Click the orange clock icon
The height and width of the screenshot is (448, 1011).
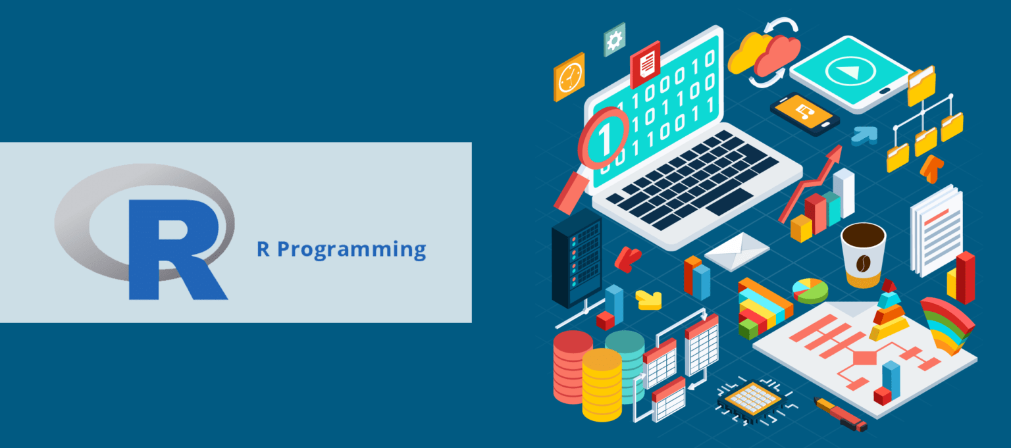pyautogui.click(x=569, y=77)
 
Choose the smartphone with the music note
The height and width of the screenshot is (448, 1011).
pyautogui.click(x=804, y=114)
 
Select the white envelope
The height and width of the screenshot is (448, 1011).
pyautogui.click(x=737, y=251)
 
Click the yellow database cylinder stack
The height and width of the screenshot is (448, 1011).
pyautogui.click(x=602, y=384)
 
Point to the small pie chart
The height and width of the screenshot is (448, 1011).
pyautogui.click(x=810, y=289)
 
